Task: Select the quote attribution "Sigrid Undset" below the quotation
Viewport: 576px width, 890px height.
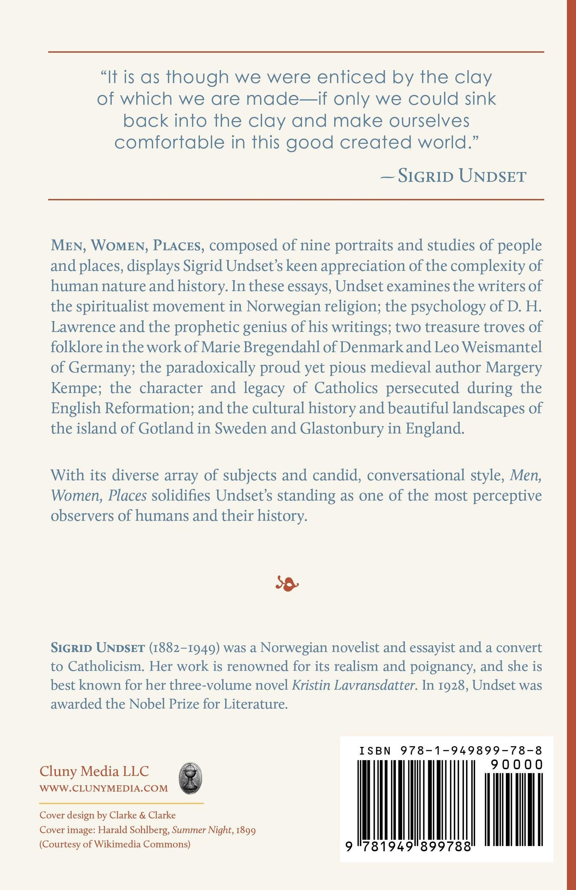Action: tap(462, 176)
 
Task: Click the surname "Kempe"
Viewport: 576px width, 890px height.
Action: tap(74, 388)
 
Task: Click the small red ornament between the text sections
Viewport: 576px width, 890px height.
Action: tap(287, 584)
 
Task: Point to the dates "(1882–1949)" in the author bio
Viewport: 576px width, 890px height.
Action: tap(184, 648)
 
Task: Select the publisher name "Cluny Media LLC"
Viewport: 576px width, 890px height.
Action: tap(94, 771)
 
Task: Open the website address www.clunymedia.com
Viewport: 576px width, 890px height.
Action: tap(104, 788)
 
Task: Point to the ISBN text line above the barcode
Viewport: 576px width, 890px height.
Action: tap(450, 751)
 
